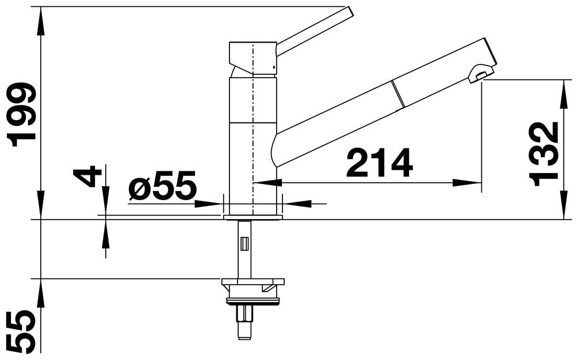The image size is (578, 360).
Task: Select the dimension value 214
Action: pyautogui.click(x=380, y=163)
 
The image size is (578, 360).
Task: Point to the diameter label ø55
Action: pyautogui.click(x=162, y=185)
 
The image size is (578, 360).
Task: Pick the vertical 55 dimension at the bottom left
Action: pyautogui.click(x=22, y=331)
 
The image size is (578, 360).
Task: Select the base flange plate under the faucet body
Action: pyautogui.click(x=253, y=217)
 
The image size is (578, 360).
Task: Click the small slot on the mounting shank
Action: pyautogui.click(x=244, y=244)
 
